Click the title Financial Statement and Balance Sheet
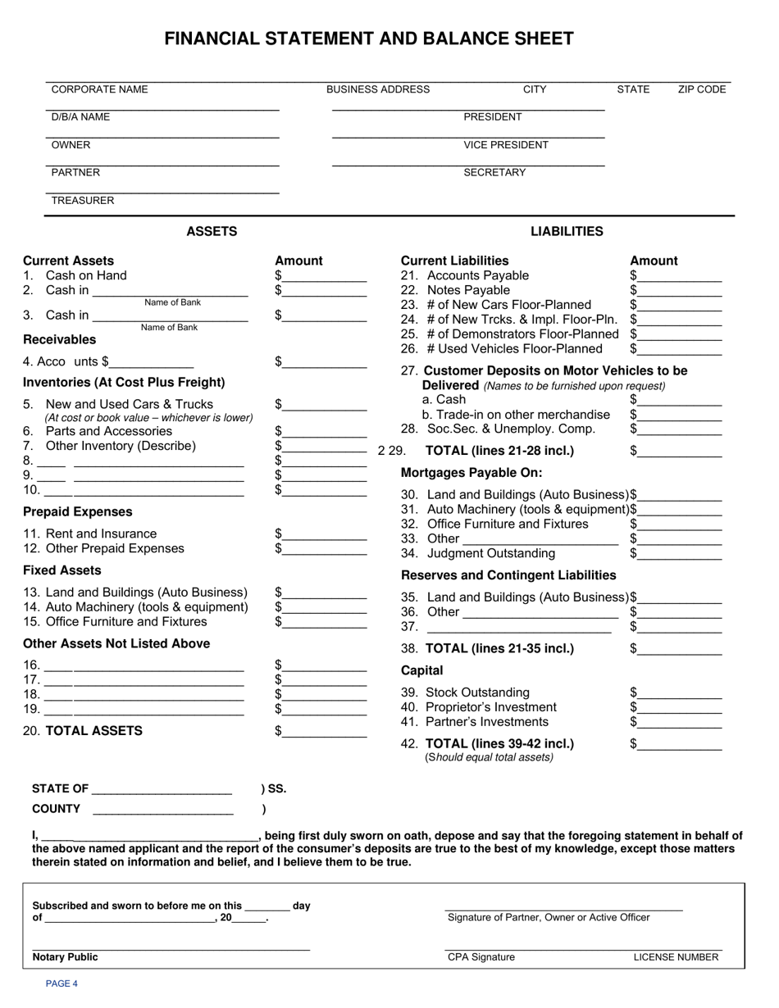click(x=369, y=39)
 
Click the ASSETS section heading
click(x=212, y=232)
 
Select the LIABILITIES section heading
click(x=567, y=232)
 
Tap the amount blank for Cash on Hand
click(x=325, y=277)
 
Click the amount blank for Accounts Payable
click(x=680, y=277)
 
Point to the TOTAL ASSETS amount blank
click(x=325, y=733)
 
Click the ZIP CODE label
click(x=702, y=90)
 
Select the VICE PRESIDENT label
click(x=506, y=145)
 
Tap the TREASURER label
click(x=83, y=201)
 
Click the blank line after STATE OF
click(x=162, y=791)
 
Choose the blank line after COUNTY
click(x=163, y=810)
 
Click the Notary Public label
click(x=65, y=957)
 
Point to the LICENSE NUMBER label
click(x=676, y=957)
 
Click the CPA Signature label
click(x=481, y=957)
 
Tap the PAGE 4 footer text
click(x=61, y=984)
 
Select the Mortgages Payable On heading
click(x=471, y=473)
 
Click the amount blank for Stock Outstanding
click(x=680, y=694)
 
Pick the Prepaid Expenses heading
click(x=77, y=512)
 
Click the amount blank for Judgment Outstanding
click(x=680, y=555)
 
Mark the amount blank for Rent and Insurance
click(x=325, y=535)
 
